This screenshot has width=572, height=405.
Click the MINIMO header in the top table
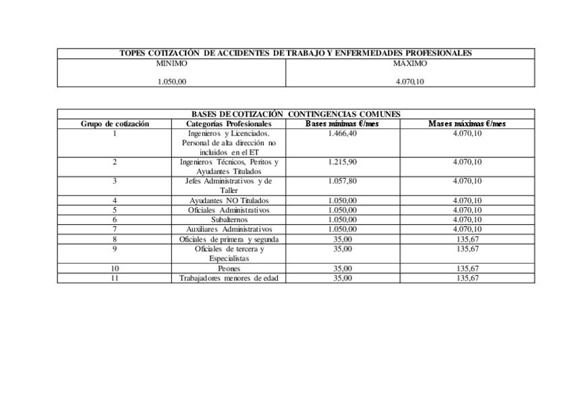coord(171,63)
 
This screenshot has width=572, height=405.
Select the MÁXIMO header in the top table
coord(410,63)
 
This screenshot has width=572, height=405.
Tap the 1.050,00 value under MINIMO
coord(171,82)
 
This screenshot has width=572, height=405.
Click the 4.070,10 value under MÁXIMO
coord(410,82)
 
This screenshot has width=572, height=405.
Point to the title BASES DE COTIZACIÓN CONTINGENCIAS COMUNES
coord(295,114)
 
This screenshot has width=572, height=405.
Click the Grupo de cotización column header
coord(115,124)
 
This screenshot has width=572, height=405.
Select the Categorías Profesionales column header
coord(229,124)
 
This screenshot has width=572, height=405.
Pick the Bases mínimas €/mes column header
coord(343,124)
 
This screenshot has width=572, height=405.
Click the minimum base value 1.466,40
coord(343,134)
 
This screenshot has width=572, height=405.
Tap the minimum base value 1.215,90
coord(343,162)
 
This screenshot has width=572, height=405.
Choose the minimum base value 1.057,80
coord(343,181)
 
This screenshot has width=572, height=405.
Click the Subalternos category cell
coord(229,219)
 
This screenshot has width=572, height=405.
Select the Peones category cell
coord(229,268)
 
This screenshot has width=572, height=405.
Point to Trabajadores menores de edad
coord(229,278)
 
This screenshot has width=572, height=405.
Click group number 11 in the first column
coord(115,278)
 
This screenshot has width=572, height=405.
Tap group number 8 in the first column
coord(115,239)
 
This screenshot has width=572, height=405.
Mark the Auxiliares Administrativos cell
coord(229,230)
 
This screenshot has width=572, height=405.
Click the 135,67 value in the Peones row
coord(467,268)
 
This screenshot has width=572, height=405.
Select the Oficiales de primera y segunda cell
coord(229,239)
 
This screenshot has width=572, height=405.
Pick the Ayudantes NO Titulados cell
coord(229,200)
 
